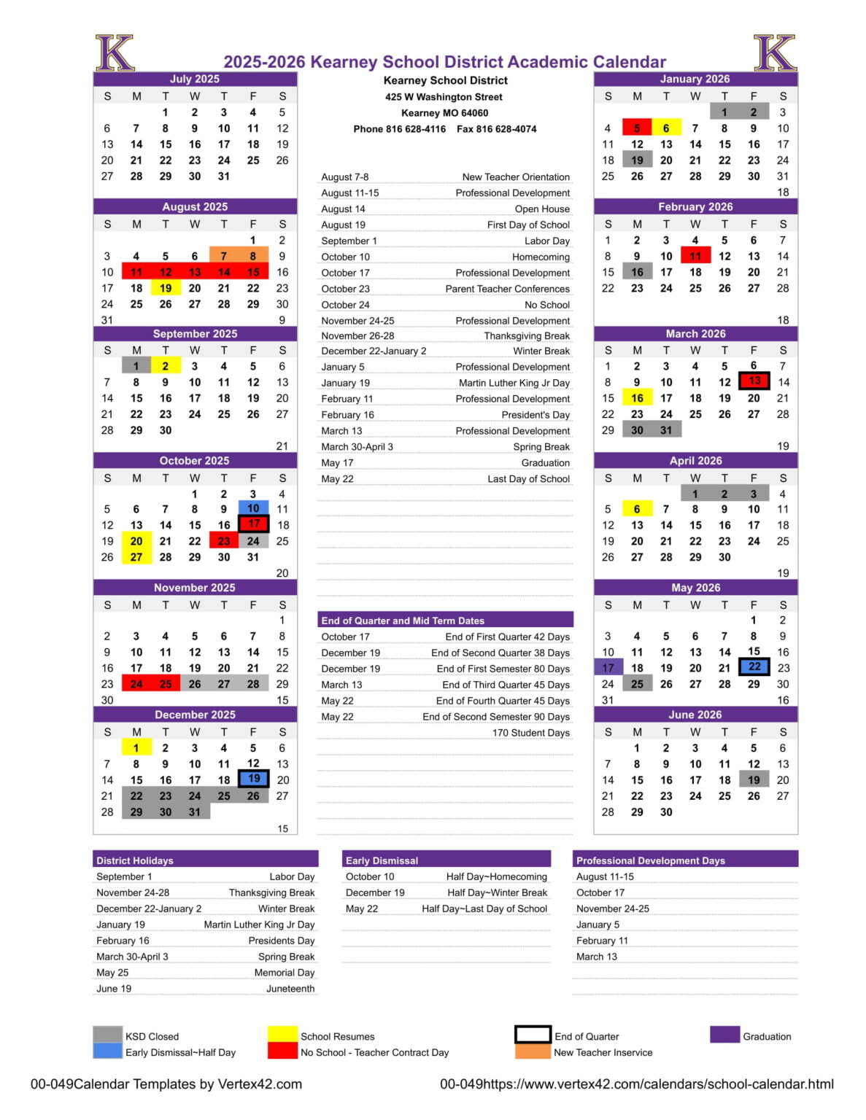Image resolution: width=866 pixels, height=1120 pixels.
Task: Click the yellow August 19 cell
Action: click(x=166, y=288)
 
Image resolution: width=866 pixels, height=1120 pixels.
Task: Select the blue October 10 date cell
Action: click(x=253, y=508)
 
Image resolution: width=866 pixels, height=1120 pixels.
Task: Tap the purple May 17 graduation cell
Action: click(x=608, y=668)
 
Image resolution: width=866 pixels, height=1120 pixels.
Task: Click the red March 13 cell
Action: click(x=754, y=381)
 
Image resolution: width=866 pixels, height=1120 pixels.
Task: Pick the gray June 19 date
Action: click(x=754, y=780)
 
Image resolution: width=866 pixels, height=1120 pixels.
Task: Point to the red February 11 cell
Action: click(x=695, y=256)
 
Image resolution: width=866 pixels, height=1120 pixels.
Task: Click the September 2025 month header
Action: click(x=195, y=334)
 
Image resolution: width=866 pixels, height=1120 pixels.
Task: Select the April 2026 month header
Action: click(x=695, y=461)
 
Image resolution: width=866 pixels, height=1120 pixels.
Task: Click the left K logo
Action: click(x=115, y=53)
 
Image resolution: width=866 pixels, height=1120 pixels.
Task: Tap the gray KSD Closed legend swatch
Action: click(x=107, y=1035)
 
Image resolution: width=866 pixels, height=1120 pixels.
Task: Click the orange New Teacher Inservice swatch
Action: click(x=532, y=1052)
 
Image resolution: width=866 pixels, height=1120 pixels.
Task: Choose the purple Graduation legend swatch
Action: click(x=724, y=1035)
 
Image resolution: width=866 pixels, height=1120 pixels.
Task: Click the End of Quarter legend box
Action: click(x=532, y=1035)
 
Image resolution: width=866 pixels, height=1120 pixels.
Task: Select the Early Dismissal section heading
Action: click(x=382, y=860)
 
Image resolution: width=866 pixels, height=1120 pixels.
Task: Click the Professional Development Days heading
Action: click(x=650, y=860)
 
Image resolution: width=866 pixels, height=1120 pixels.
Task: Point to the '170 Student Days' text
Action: click(x=530, y=733)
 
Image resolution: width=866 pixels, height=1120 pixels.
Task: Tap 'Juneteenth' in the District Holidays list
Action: click(x=290, y=989)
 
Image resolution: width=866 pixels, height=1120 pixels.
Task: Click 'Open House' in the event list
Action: click(x=542, y=209)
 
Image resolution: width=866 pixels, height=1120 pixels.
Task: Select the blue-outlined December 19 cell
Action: click(x=253, y=779)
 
